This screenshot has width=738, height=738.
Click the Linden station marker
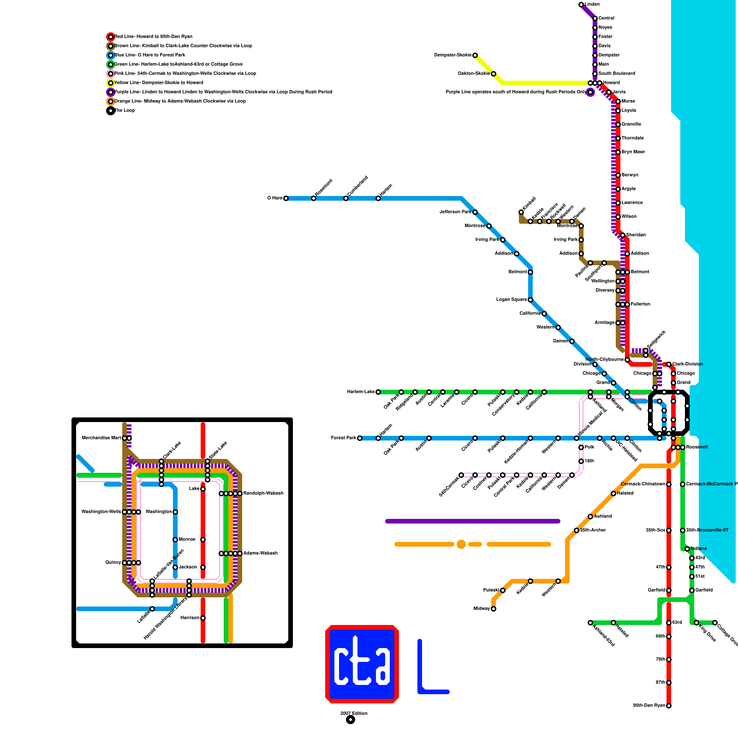coord(581,5)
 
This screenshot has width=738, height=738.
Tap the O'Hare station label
coord(275,198)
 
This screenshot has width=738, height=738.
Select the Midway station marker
coord(494,609)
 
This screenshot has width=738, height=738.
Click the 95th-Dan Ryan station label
coord(649,706)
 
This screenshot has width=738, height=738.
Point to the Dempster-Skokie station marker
coord(475,55)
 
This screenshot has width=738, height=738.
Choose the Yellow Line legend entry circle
coord(111,83)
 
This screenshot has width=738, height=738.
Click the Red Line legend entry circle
coord(111,37)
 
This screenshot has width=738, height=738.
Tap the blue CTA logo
coord(362,664)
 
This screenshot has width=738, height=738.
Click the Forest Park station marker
coord(360,438)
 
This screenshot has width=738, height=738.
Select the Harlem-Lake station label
coord(361,392)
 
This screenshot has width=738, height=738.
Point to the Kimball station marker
coord(521,212)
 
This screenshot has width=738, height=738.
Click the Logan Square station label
coord(512,300)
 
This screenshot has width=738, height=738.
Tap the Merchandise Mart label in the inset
coord(101,438)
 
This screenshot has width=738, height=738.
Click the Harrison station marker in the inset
coord(203,618)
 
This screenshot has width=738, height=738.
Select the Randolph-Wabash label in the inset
coord(263,494)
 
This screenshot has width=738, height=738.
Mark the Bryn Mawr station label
coord(633,152)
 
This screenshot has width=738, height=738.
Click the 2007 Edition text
coord(354,714)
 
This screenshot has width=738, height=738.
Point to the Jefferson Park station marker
coord(475,212)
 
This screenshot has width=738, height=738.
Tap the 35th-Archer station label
coord(593,530)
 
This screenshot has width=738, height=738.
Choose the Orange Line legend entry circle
coord(111,101)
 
